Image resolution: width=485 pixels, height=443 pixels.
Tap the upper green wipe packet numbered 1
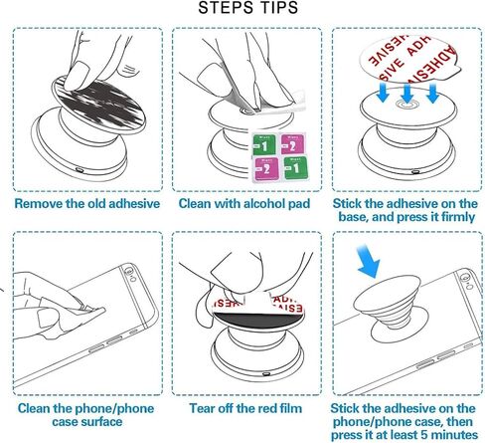coord(263,144)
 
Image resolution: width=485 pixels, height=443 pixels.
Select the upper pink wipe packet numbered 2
coord(292,143)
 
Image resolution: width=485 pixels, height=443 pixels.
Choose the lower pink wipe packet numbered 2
coord(266,169)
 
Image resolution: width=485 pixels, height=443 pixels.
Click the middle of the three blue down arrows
coord(407,93)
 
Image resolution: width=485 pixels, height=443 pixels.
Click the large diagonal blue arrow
coord(369,261)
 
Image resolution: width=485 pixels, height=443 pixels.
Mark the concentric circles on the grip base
coord(407,105)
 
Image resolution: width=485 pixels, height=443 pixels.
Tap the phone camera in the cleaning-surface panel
coord(128,269)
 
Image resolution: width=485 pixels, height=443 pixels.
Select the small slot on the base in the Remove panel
coord(80,170)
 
